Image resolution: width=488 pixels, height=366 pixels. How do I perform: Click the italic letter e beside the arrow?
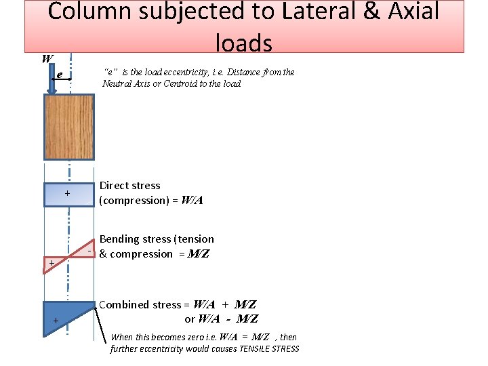(x=60, y=74)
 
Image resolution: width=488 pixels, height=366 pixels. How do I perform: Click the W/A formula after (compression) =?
(x=192, y=201)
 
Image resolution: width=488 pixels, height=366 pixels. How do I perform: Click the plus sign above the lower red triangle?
(x=50, y=262)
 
